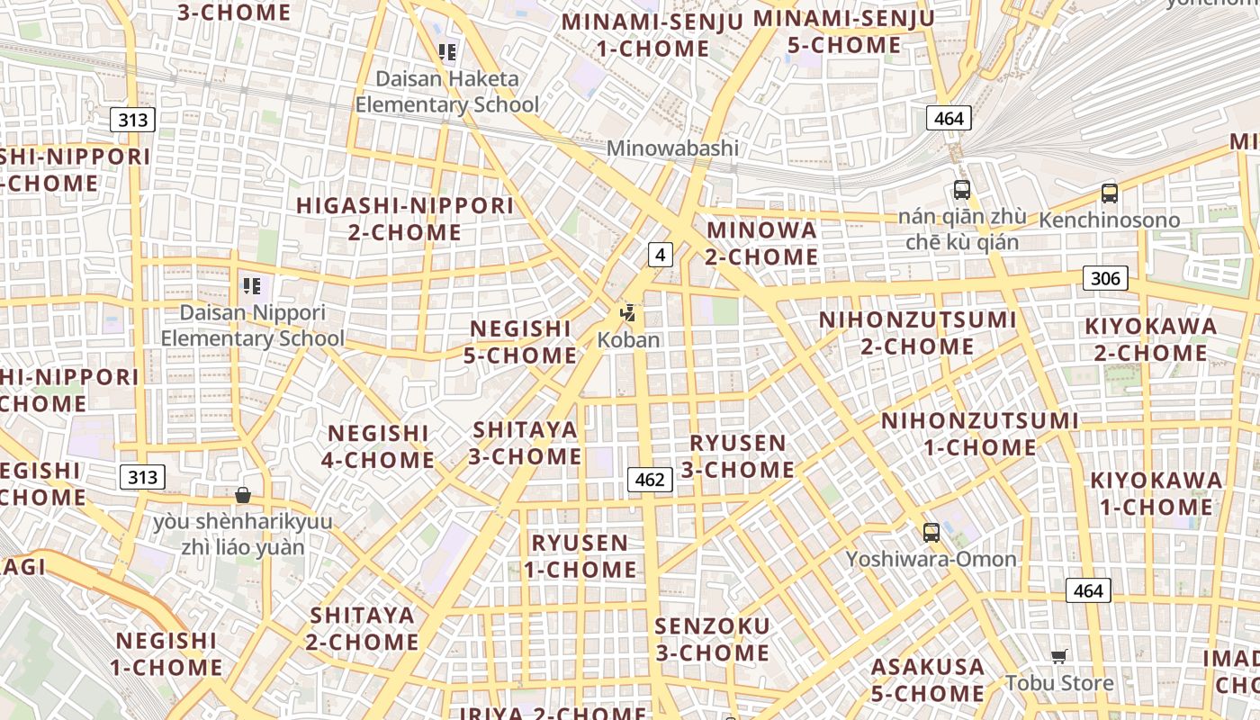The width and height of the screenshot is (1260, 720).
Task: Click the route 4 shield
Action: pos(661,255)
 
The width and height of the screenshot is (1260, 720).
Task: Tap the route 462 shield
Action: pos(650,480)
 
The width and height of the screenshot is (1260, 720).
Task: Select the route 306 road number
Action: pos(1105,278)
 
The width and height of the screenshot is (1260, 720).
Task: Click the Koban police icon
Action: pos(628,313)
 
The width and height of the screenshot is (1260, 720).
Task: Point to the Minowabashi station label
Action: pos(672,148)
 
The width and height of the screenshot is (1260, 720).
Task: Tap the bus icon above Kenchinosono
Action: pos(1110,193)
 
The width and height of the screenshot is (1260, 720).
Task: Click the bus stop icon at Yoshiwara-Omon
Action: pos(931,532)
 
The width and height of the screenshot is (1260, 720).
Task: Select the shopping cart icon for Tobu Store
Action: pos(1059,656)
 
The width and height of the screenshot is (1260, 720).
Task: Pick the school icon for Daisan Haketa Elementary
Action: pos(447,51)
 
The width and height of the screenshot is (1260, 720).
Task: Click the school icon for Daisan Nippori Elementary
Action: pos(252,286)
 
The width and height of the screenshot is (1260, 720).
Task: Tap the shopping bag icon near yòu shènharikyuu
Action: pos(242,494)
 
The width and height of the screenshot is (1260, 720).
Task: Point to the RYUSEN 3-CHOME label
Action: pos(738,456)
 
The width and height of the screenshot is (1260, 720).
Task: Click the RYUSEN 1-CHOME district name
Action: pos(580,556)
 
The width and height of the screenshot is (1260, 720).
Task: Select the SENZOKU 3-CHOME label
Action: pos(713,639)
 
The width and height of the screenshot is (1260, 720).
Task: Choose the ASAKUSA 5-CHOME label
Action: pos(928,680)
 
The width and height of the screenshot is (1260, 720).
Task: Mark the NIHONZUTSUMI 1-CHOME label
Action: pos(980,434)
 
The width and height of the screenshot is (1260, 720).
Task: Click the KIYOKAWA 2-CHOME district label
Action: pos(1151,339)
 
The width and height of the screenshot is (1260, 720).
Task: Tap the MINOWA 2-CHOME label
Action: pos(761,243)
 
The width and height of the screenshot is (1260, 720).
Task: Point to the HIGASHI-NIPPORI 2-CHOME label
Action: pos(405,219)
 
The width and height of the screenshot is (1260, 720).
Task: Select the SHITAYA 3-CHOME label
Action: pos(526,443)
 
